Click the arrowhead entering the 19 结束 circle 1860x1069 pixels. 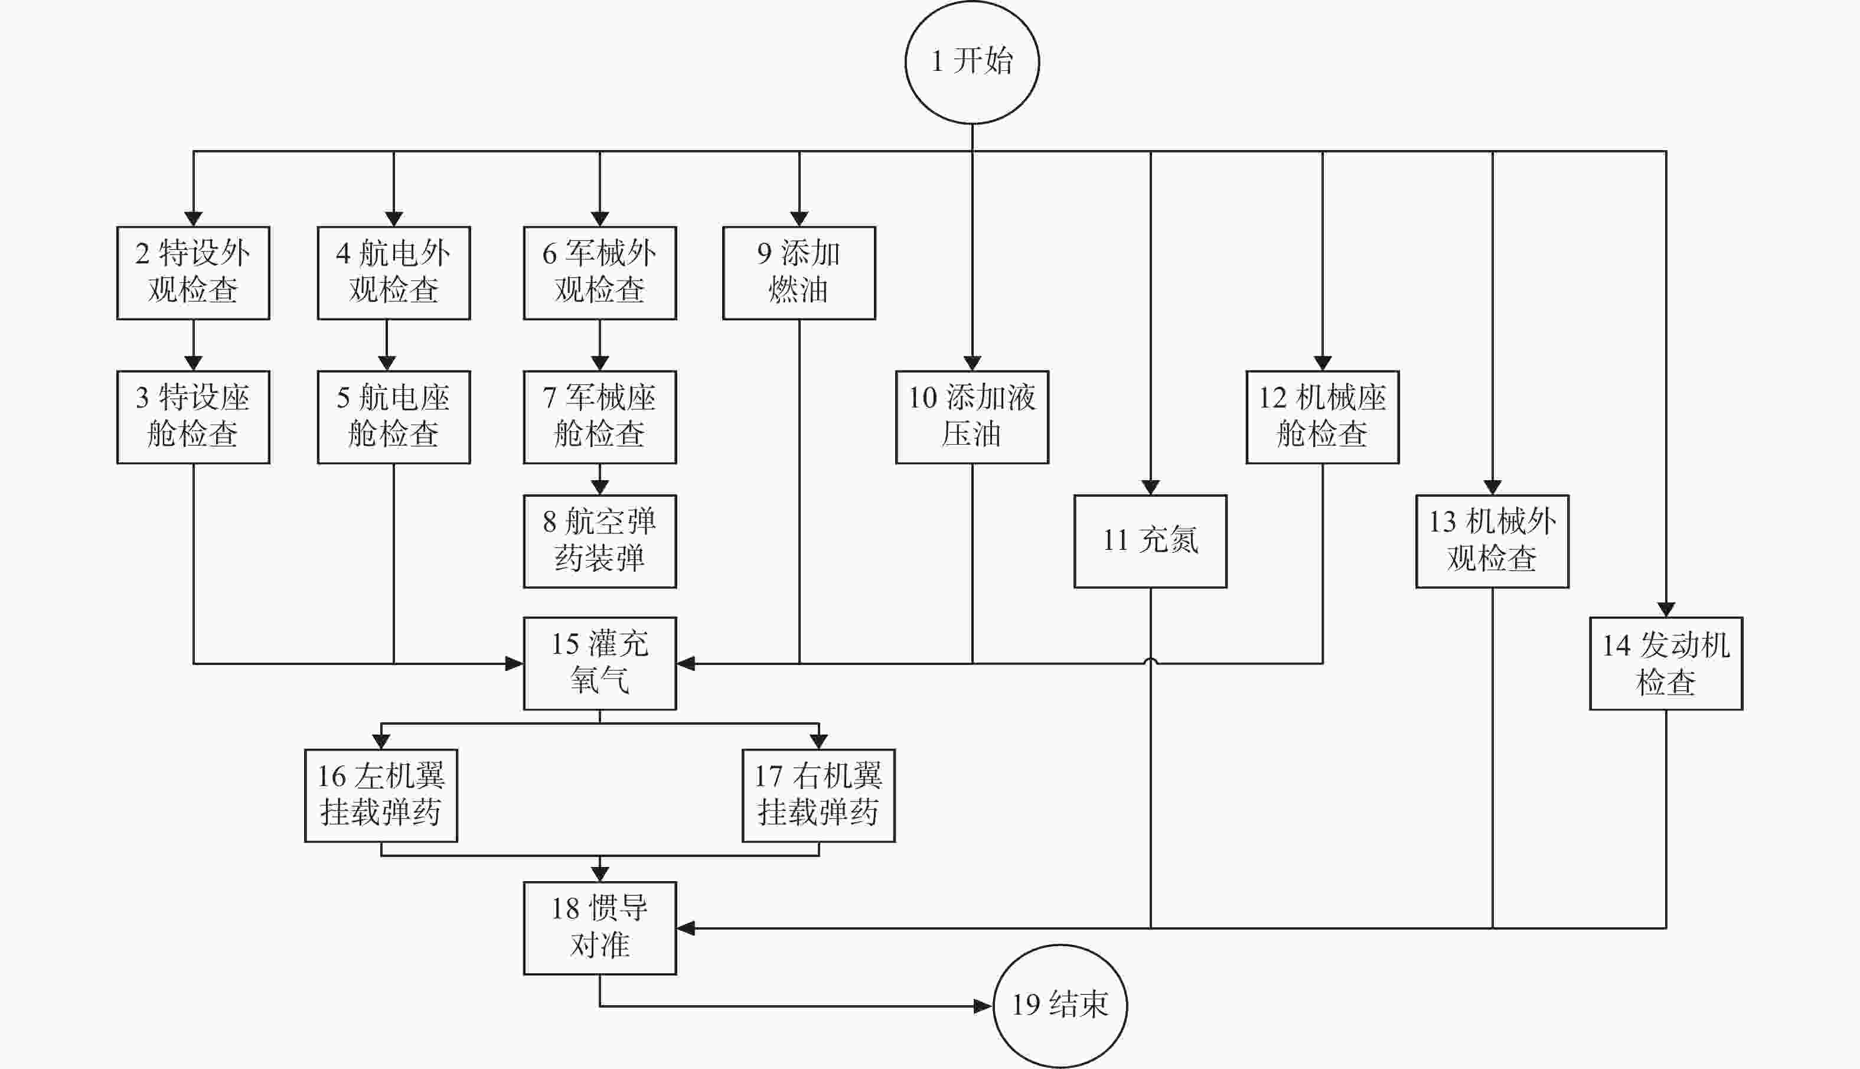(983, 1006)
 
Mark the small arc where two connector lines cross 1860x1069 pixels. (1150, 661)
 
